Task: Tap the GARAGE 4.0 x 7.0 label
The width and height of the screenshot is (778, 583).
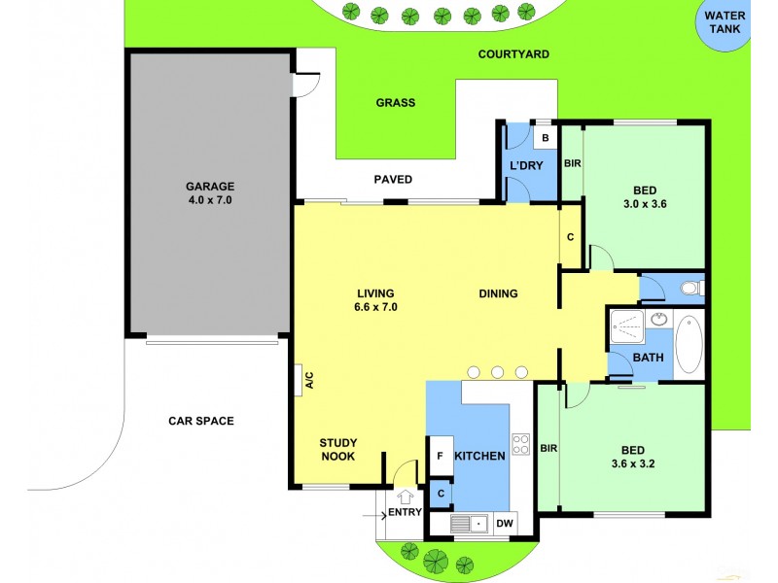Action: (210, 192)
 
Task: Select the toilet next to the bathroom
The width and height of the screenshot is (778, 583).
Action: (690, 287)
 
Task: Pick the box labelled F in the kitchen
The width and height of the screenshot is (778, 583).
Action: (440, 455)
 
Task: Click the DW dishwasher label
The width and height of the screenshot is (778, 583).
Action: (505, 524)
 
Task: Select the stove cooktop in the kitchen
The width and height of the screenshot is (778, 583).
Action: (521, 445)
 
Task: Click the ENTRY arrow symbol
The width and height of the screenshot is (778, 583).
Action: (405, 497)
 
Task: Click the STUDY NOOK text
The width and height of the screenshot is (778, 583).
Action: (337, 449)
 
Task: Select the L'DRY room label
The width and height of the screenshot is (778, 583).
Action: (526, 165)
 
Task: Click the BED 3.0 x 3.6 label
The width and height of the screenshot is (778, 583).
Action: (643, 197)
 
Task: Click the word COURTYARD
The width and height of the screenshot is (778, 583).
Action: (513, 54)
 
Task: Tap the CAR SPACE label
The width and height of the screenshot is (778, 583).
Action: (201, 421)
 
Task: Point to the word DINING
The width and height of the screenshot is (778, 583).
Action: (498, 293)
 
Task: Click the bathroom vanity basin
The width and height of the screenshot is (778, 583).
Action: (659, 319)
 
